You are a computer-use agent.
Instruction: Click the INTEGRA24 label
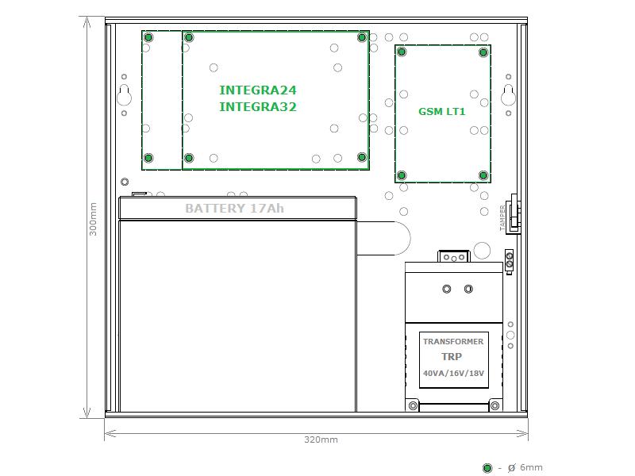pos(257,90)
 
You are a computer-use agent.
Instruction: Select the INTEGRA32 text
pos(257,107)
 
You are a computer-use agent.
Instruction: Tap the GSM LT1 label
pos(442,112)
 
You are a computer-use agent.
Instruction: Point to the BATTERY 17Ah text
pos(234,209)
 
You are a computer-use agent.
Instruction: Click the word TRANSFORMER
pos(453,342)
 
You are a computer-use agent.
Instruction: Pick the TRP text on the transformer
pos(452,356)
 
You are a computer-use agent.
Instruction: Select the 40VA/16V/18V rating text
pos(453,373)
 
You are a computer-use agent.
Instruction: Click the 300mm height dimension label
pos(93,219)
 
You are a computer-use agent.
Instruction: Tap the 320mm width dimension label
pos(321,440)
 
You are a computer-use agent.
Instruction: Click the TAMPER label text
pos(502,217)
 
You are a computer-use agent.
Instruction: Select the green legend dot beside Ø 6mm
pos(487,468)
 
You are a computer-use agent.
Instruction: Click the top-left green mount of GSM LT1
pos(402,52)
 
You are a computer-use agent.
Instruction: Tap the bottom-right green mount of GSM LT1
pos(483,175)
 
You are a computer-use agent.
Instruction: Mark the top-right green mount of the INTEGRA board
pos(362,37)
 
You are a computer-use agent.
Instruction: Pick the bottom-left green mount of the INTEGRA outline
pos(148,158)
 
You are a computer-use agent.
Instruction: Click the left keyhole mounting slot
pos(124,95)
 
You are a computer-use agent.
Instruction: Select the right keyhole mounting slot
pos(508,95)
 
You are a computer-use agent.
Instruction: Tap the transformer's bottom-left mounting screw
pos(413,405)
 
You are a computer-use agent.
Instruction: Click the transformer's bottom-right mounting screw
pos(495,405)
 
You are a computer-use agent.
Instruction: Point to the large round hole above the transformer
pos(482,251)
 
